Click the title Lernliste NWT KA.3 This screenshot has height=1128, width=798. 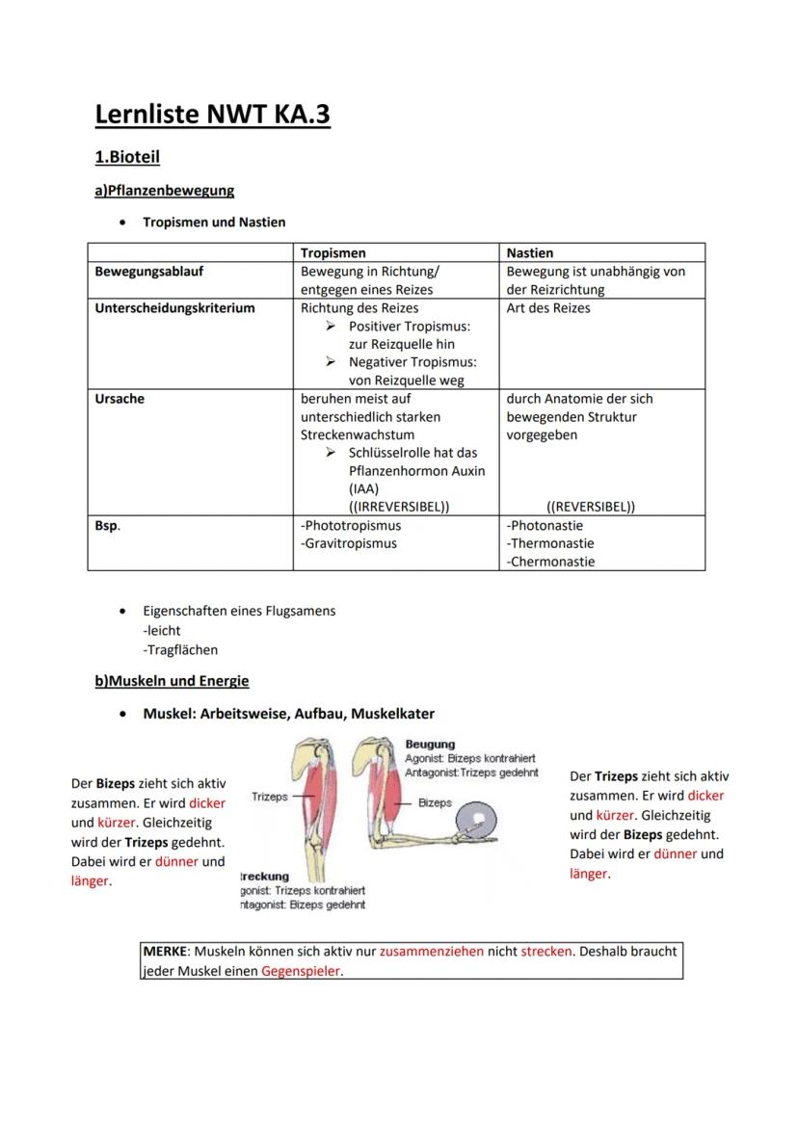(x=212, y=115)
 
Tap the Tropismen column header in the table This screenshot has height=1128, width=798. (x=332, y=252)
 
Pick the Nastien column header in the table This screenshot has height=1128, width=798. (x=529, y=252)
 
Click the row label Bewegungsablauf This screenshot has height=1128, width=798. (x=149, y=272)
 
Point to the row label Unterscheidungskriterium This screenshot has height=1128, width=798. (x=174, y=308)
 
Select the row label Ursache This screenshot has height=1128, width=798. (x=120, y=398)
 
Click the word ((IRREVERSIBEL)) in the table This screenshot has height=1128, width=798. (x=399, y=506)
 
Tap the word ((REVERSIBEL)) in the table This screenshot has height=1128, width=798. (x=591, y=506)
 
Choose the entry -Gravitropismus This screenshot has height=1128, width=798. (x=349, y=543)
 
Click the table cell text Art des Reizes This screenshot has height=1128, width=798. (x=548, y=308)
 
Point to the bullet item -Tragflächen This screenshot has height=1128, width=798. (x=180, y=649)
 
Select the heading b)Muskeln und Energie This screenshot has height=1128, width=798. (x=172, y=681)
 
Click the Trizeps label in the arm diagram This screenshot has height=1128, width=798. (x=270, y=797)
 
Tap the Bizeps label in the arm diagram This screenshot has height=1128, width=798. (x=436, y=802)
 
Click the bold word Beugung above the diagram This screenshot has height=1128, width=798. (x=430, y=745)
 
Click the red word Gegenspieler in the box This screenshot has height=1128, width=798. (x=301, y=971)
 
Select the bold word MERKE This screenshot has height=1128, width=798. (x=165, y=951)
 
